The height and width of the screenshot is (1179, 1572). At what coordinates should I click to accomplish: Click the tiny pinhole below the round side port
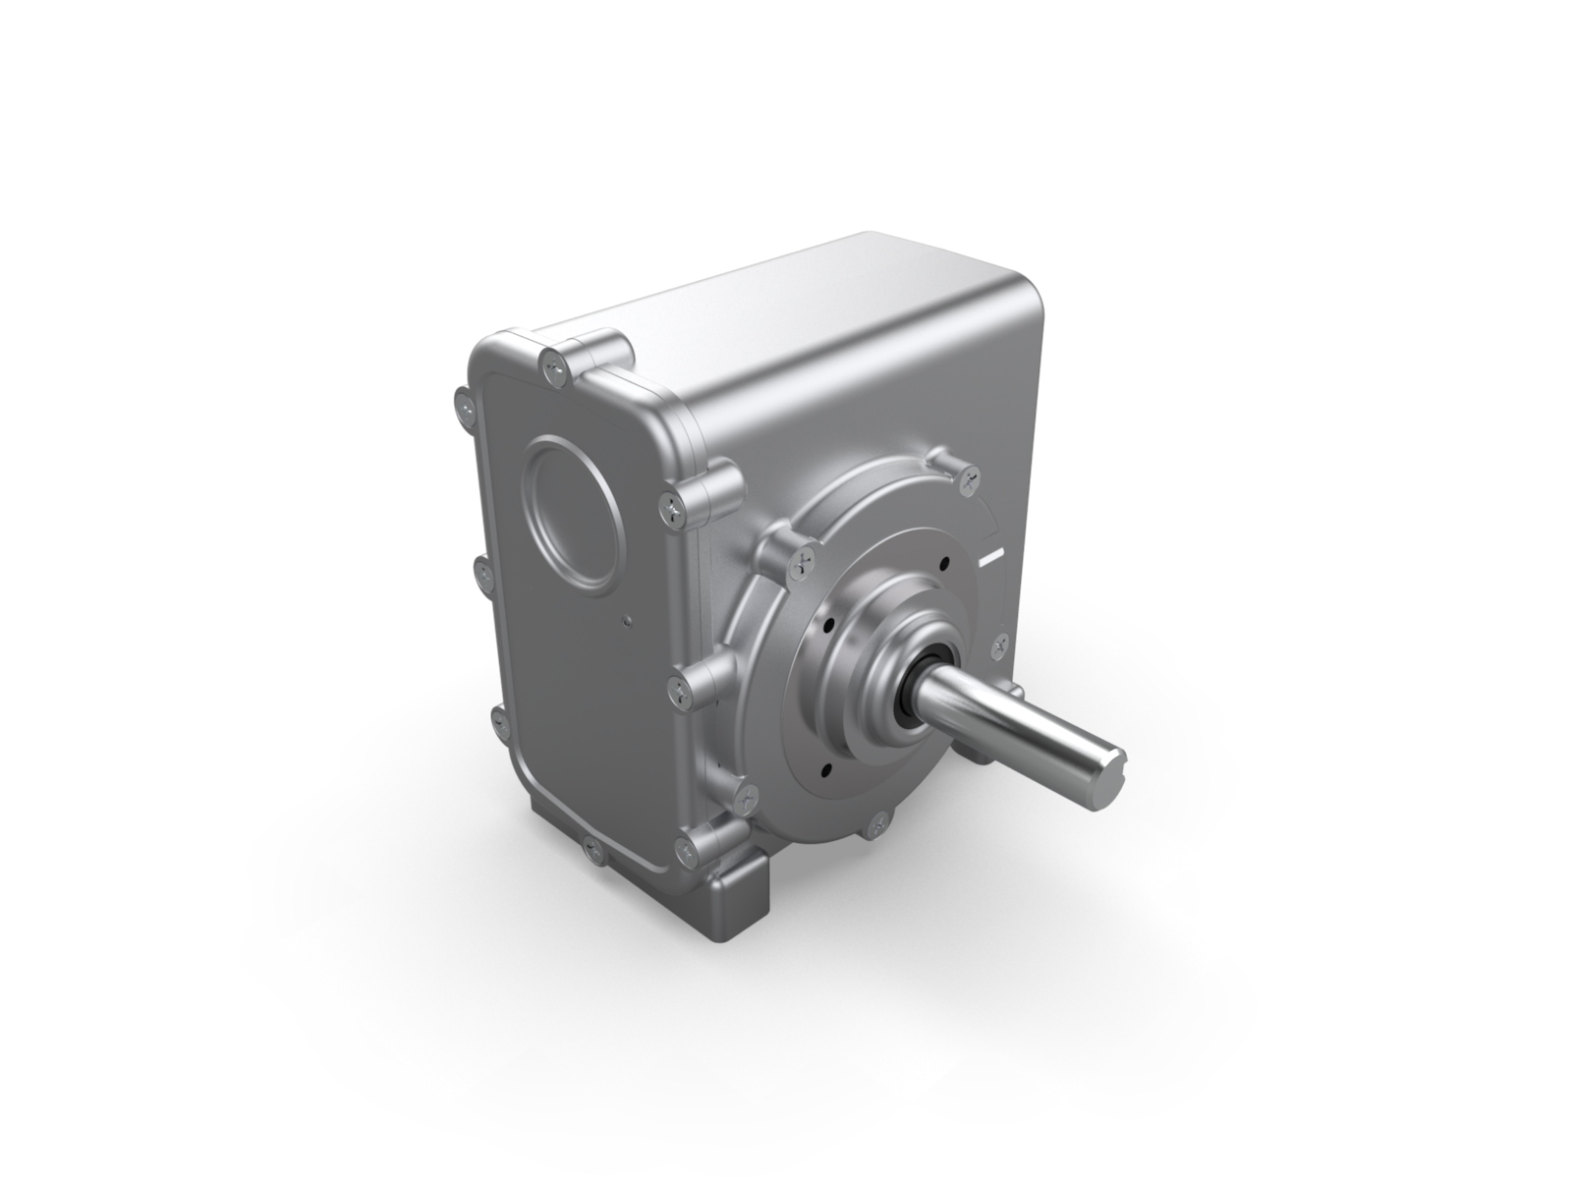click(627, 620)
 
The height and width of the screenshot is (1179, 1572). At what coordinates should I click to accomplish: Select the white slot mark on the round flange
click(992, 557)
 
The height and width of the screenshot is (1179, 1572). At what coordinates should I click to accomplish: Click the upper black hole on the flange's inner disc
click(943, 564)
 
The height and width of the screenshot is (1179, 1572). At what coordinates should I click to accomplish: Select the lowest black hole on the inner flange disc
click(825, 768)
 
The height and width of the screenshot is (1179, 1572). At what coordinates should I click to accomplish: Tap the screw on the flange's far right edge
click(1000, 646)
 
